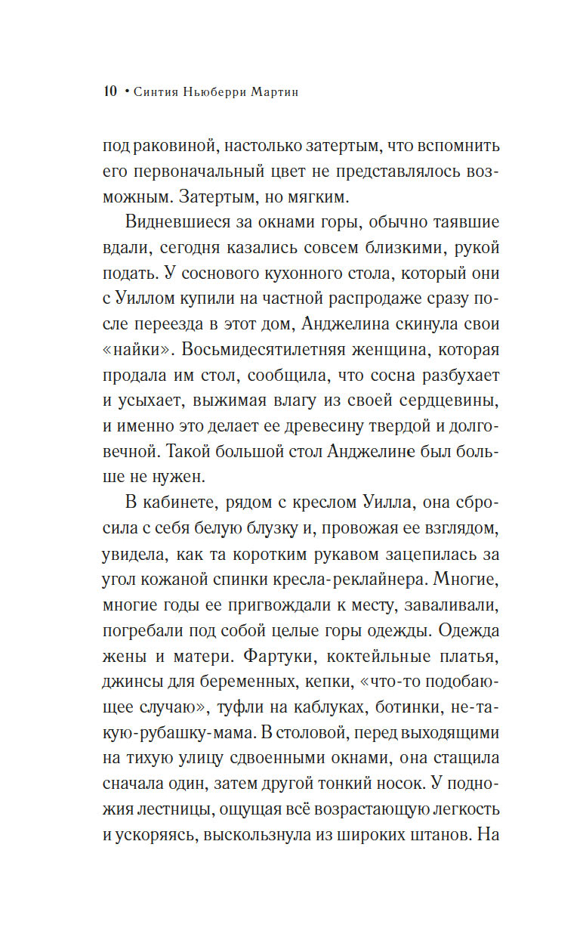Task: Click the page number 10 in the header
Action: tap(110, 92)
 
